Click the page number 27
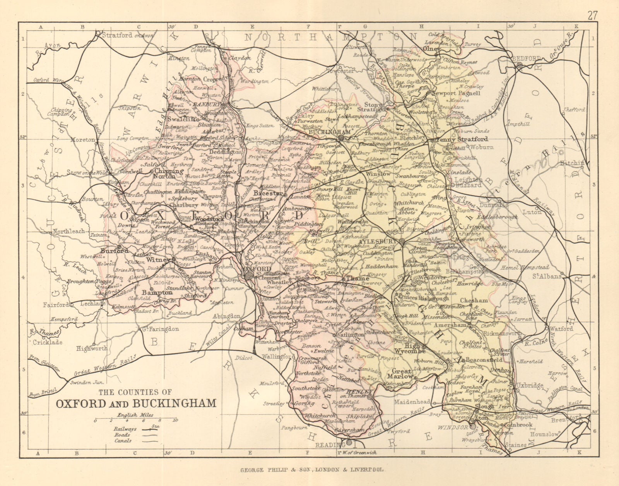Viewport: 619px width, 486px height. point(592,5)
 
